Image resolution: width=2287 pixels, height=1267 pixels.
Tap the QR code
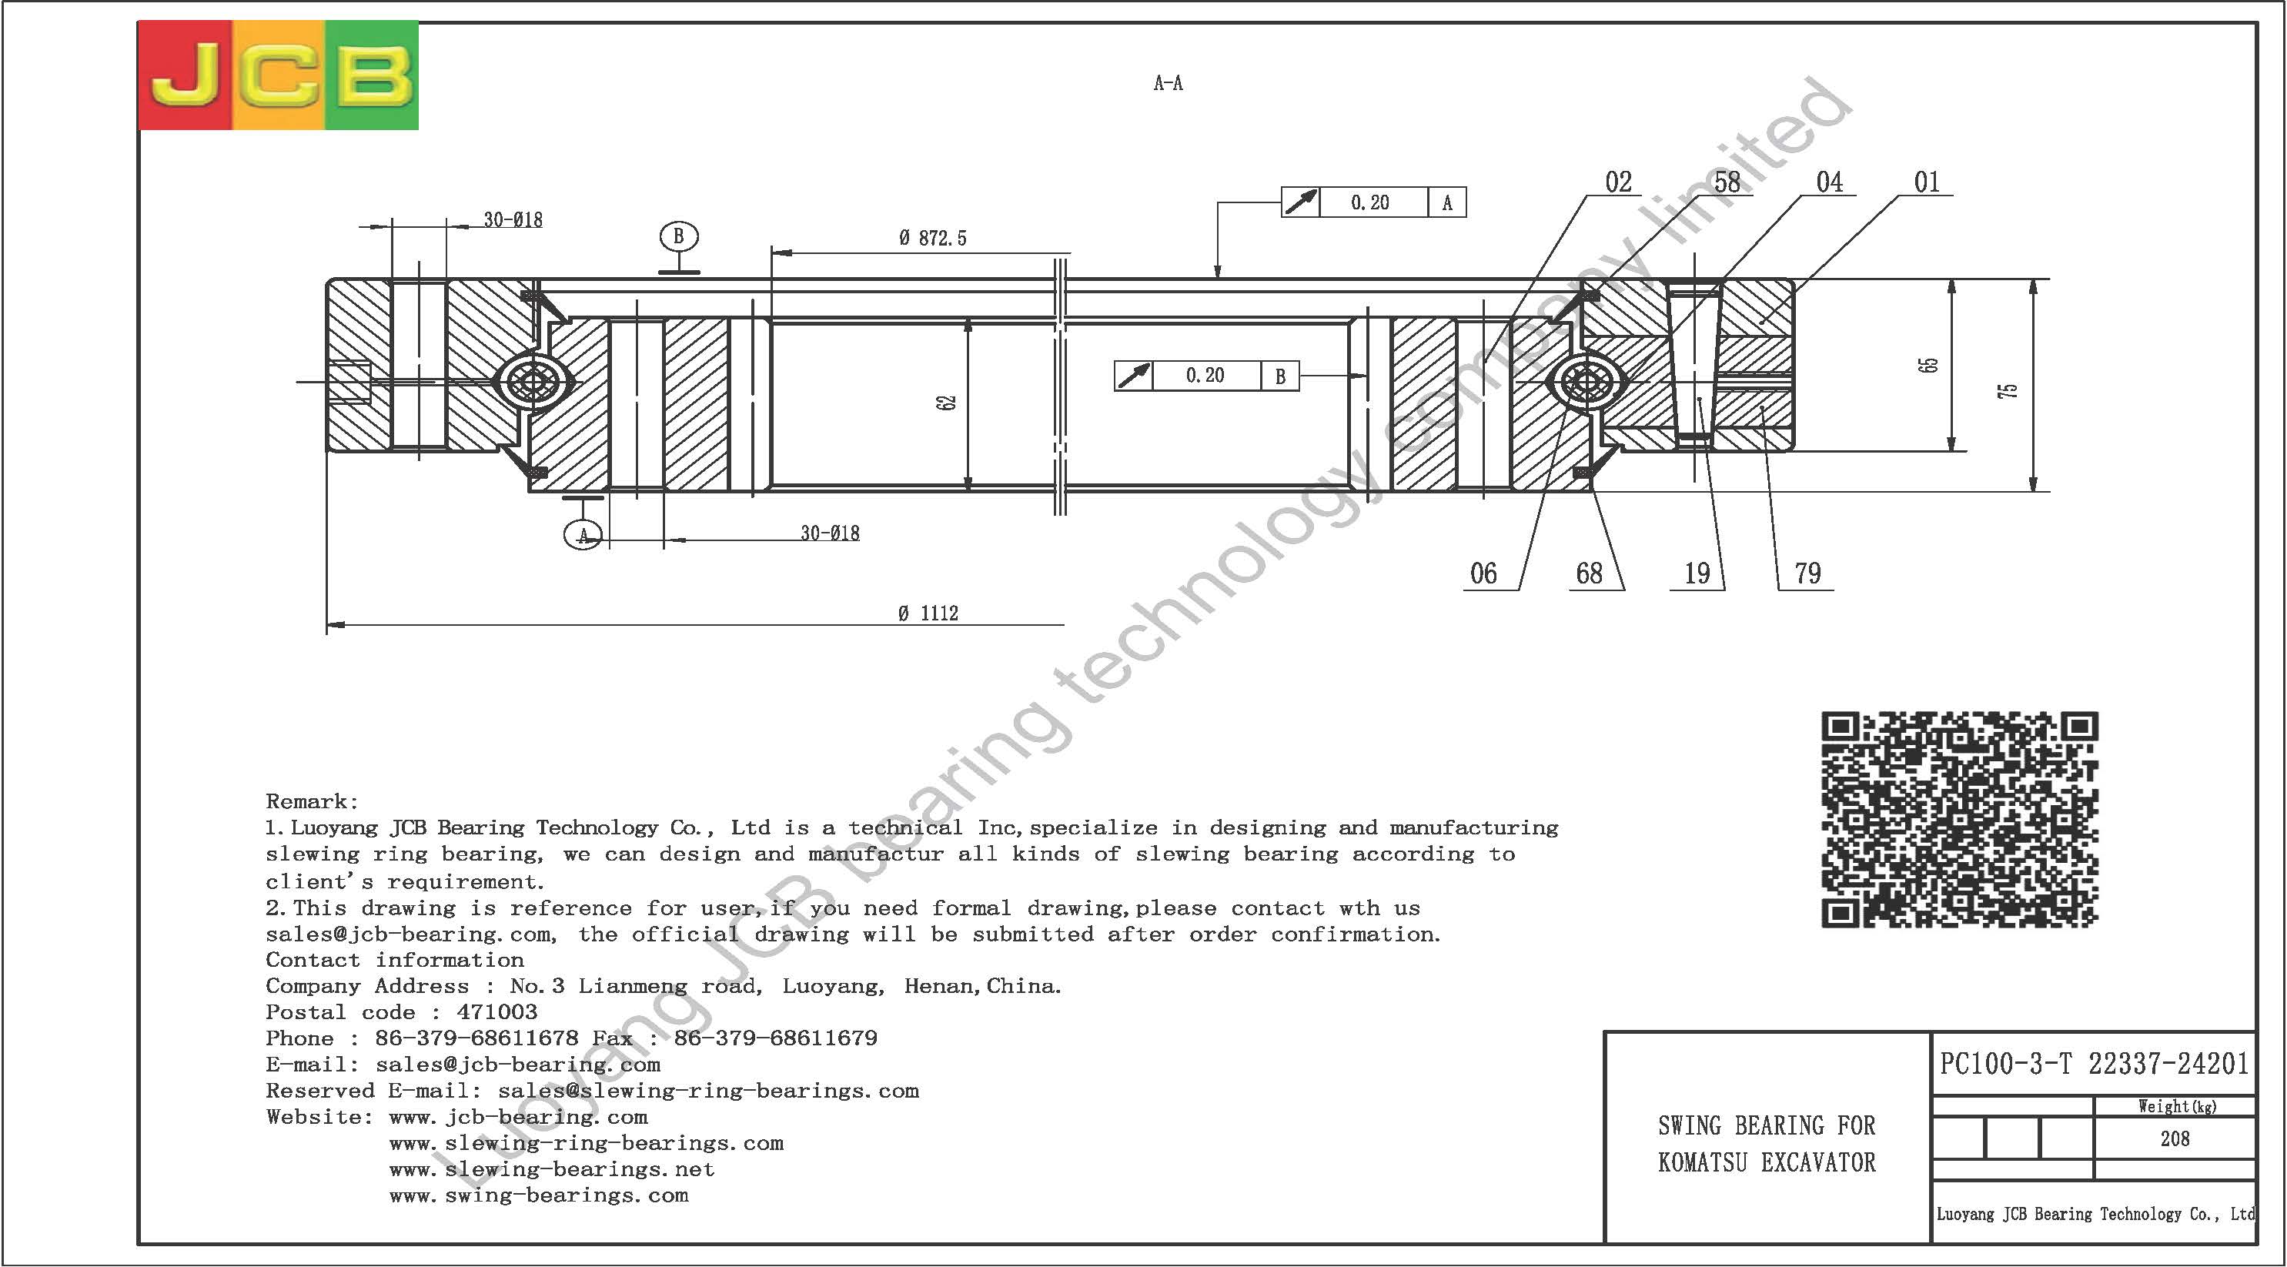coord(1961,820)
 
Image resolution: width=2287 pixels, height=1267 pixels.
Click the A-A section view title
coord(1168,83)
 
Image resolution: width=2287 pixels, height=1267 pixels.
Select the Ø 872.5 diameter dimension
coord(932,238)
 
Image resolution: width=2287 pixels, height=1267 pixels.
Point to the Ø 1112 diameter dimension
coord(928,613)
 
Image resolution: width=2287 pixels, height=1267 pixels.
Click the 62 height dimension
coord(948,403)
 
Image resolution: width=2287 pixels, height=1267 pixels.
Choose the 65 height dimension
coord(1928,365)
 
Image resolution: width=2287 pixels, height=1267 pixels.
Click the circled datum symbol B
coord(679,236)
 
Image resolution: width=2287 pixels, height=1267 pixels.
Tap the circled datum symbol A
coord(584,534)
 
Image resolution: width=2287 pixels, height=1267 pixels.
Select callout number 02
coord(1619,182)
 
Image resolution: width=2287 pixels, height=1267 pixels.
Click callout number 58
coord(1727,182)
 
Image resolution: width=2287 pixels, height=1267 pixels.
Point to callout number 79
coord(1807,573)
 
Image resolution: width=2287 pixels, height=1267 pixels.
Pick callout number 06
coord(1483,573)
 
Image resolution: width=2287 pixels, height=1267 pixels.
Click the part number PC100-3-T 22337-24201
coord(2094,1064)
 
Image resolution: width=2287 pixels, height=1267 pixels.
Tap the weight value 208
coord(2175,1138)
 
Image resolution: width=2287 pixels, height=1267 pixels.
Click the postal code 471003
coord(497,1012)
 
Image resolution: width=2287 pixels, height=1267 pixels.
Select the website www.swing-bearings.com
coord(539,1195)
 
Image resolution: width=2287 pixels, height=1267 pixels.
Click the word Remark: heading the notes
coord(313,802)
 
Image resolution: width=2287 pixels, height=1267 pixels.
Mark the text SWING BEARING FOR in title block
coord(1767,1126)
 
